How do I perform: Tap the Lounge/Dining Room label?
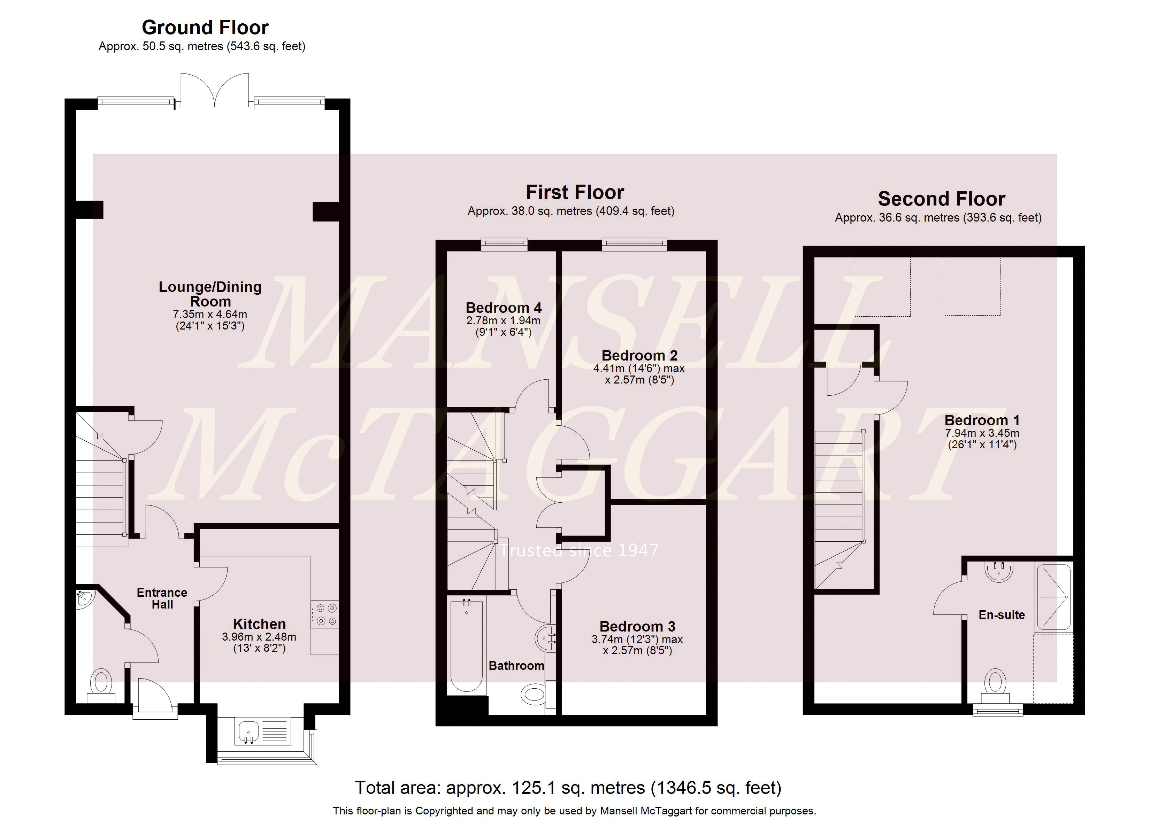coord(210,294)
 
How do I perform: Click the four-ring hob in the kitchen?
coord(324,614)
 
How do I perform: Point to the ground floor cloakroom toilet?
coord(101,686)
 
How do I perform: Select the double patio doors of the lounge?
coord(215,90)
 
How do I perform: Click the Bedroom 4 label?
coord(504,308)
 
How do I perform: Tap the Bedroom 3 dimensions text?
coord(637,645)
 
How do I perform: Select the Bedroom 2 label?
coord(639,355)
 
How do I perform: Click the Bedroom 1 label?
coord(982,420)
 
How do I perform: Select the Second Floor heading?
coord(942,199)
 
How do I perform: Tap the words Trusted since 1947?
coord(580,550)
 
